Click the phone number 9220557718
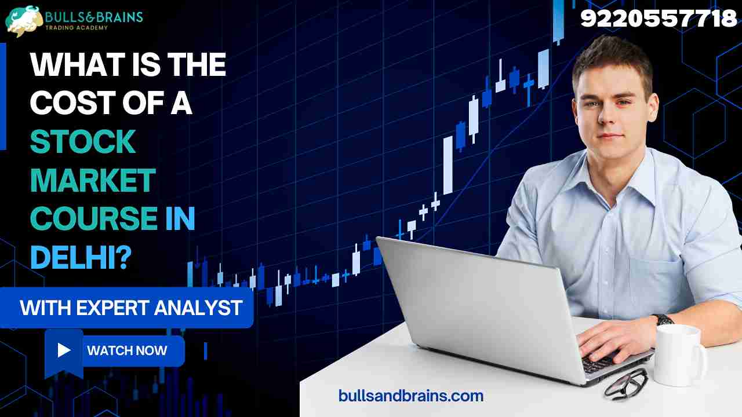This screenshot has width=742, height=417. coord(659,19)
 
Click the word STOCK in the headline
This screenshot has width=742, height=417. coord(83,141)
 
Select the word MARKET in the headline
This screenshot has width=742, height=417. coord(93,180)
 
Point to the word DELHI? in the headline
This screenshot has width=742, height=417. coord(79,257)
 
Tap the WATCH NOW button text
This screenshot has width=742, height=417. coord(127,350)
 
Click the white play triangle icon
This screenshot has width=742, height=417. coord(64,350)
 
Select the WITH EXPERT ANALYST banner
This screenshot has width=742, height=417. coord(131,308)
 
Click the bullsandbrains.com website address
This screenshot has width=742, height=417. coord(411,396)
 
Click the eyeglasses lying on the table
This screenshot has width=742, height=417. coord(626,383)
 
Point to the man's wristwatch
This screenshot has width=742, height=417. coord(663,319)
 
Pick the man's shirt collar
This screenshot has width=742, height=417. coord(614,168)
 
